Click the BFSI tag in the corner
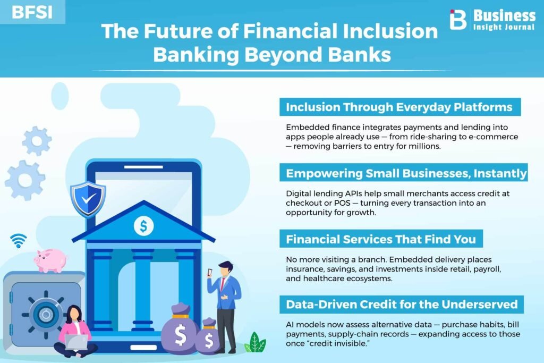pyautogui.click(x=32, y=12)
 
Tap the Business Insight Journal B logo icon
pyautogui.click(x=457, y=20)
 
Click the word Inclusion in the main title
pyautogui.click(x=390, y=31)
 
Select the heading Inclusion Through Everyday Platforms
pyautogui.click(x=399, y=107)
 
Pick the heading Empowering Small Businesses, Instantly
pyautogui.click(x=406, y=173)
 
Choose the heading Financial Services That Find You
pyautogui.click(x=380, y=239)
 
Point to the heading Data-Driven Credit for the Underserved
pyautogui.click(x=402, y=305)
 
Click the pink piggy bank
pyautogui.click(x=50, y=260)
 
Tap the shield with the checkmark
pyautogui.click(x=88, y=199)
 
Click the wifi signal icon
pyautogui.click(x=19, y=241)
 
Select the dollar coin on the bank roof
pyautogui.click(x=143, y=226)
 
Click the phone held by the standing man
pyautogui.click(x=210, y=273)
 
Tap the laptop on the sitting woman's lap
pyautogui.click(x=76, y=342)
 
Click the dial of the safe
pyautogui.click(x=46, y=315)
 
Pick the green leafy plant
pyautogui.click(x=255, y=342)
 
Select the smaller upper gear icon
pyautogui.click(x=37, y=141)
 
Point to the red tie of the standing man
pyautogui.click(x=222, y=284)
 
